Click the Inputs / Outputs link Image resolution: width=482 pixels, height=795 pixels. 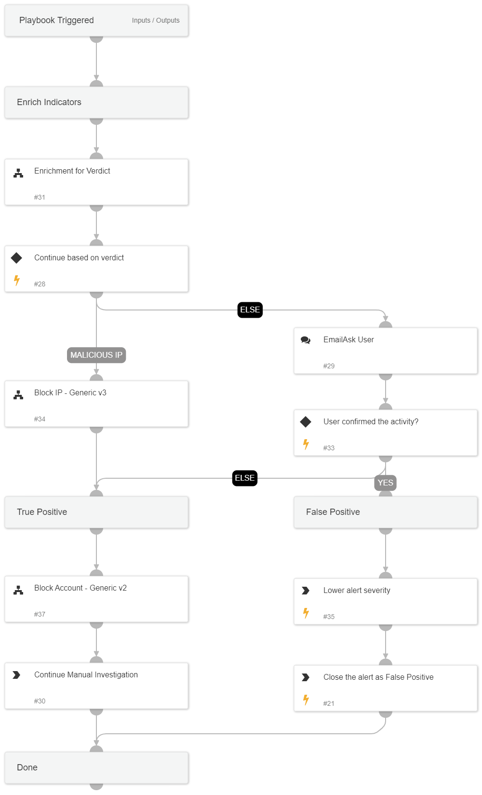point(155,20)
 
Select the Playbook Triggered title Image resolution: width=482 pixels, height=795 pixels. point(56,20)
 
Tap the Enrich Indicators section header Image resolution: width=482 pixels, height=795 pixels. point(49,102)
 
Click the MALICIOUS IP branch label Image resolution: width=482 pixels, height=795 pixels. point(96,355)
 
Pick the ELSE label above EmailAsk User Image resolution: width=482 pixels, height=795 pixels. point(250,310)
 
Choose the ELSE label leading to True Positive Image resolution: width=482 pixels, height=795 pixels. point(244,478)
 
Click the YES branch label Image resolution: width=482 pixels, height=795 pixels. point(385,483)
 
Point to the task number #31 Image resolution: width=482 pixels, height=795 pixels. point(40,197)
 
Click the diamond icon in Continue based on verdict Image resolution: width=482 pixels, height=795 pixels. point(16,258)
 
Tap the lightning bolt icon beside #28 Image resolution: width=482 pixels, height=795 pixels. point(17,280)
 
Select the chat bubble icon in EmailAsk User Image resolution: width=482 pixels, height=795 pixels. point(306,340)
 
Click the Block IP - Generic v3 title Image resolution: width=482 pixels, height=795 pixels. point(70,392)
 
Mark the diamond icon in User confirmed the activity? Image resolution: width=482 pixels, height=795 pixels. point(306,422)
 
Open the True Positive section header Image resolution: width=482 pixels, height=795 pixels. point(42,512)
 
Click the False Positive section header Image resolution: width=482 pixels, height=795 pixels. point(333,512)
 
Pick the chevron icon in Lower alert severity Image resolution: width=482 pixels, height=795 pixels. point(306,591)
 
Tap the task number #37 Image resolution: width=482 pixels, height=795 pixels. point(40,614)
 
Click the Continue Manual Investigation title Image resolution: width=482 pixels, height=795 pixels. point(86,674)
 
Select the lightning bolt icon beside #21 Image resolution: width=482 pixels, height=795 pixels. point(306,700)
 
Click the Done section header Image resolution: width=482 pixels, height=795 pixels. point(27,768)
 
